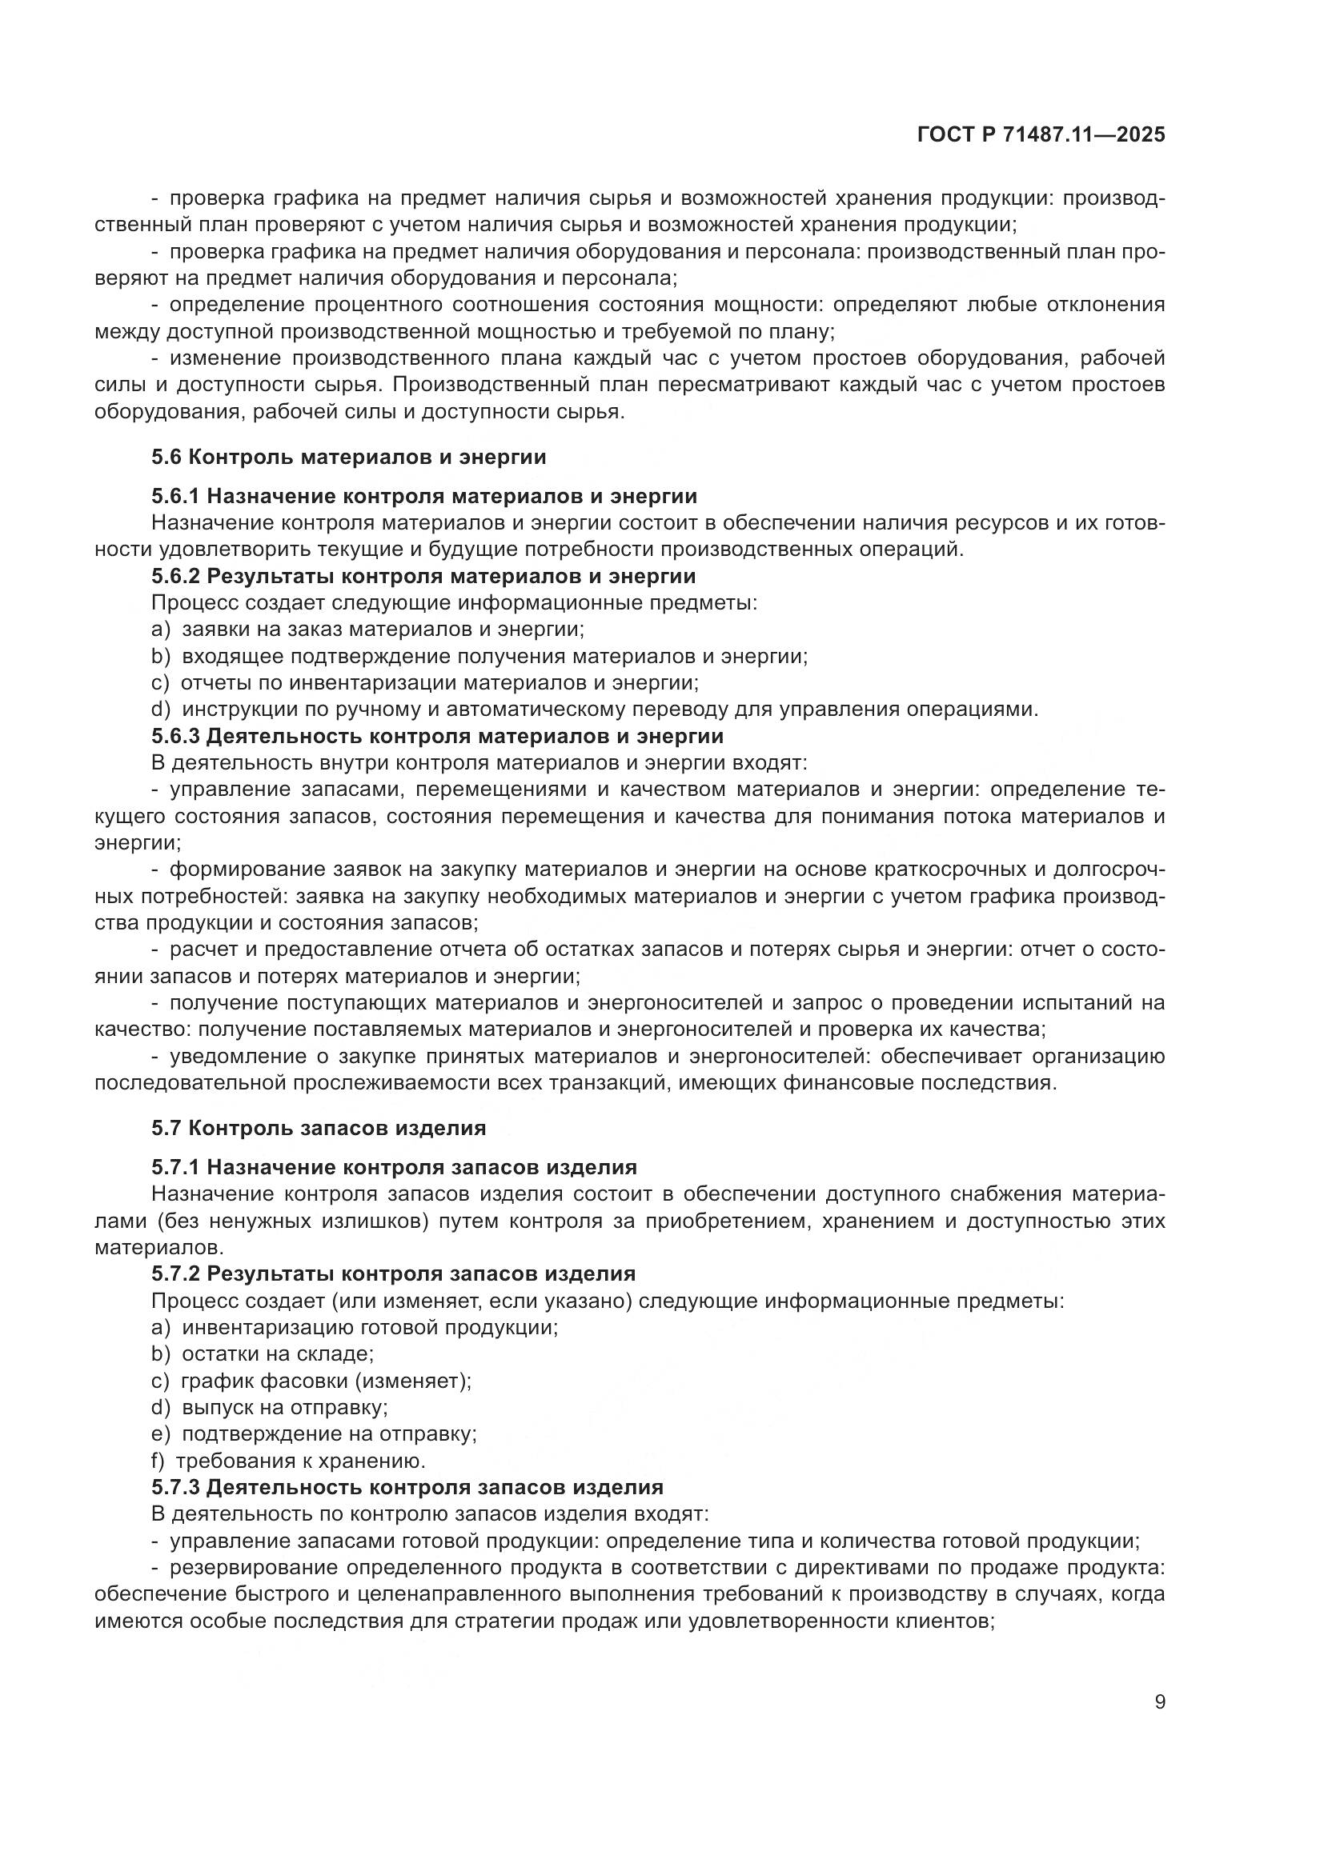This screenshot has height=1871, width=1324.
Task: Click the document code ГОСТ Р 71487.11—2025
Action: [1041, 135]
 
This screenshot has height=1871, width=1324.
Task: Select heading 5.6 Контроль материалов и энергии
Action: [348, 458]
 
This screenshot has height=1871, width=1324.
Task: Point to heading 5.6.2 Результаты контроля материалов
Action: [423, 576]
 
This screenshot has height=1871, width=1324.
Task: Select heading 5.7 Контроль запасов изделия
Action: [318, 1128]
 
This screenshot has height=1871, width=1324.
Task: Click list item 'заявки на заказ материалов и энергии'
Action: [383, 629]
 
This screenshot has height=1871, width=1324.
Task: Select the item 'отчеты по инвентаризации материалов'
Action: [440, 683]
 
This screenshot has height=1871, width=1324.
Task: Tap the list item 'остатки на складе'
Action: [277, 1354]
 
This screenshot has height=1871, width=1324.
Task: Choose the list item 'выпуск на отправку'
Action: [284, 1407]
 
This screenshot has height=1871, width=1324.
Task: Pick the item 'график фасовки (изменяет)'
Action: [326, 1381]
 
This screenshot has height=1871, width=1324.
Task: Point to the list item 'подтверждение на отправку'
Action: [328, 1434]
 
